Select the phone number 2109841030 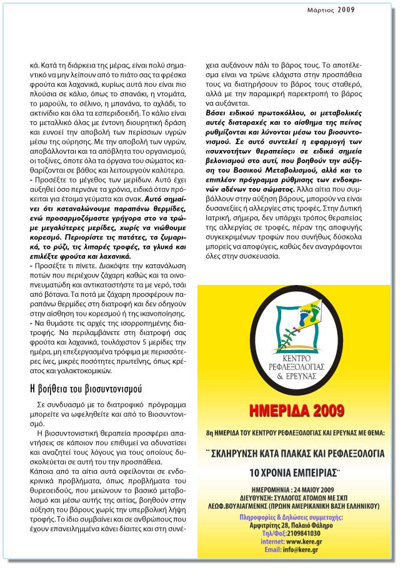coord(304,533)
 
